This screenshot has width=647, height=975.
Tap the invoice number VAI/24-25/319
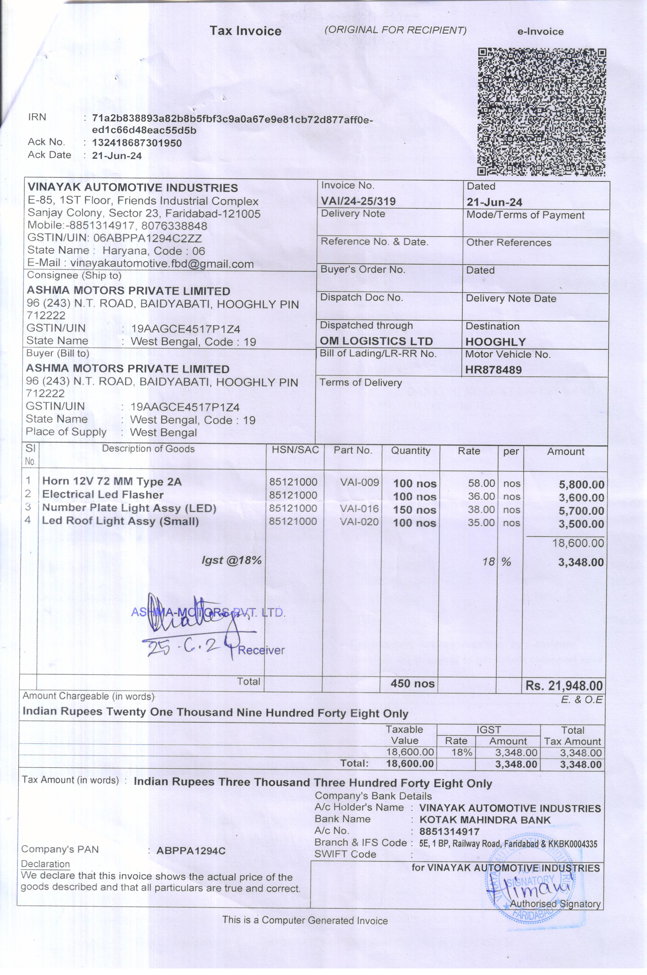358,201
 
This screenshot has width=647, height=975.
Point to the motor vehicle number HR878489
494,370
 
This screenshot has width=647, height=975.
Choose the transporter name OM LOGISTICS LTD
376,341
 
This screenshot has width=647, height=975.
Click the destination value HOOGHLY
496,342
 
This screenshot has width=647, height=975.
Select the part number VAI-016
359,508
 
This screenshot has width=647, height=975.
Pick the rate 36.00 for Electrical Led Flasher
481,496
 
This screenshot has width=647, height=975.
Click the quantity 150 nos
414,510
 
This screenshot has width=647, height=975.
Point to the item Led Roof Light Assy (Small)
120,521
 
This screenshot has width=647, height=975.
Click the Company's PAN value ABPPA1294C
191,851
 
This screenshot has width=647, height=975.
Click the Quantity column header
411,451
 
